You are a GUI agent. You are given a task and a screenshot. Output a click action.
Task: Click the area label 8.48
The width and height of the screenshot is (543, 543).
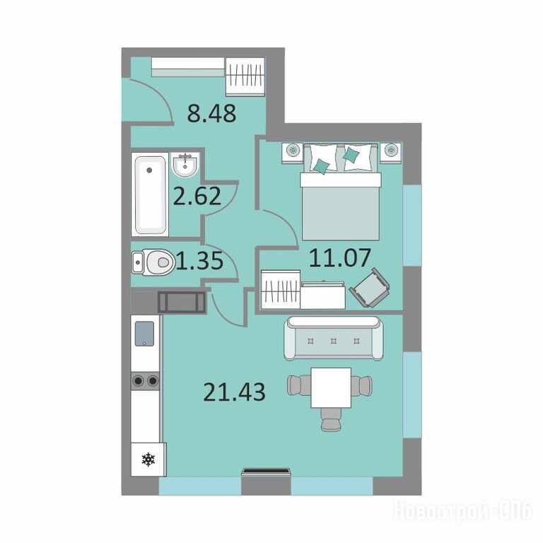pyautogui.click(x=211, y=113)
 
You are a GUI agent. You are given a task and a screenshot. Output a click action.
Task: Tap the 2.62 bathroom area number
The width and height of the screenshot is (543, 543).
pyautogui.click(x=197, y=196)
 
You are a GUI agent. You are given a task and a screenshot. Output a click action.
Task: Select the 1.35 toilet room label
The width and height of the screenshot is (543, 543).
pyautogui.click(x=200, y=261)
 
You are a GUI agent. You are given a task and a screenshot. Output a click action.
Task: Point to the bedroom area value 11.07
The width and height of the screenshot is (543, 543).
pyautogui.click(x=339, y=258)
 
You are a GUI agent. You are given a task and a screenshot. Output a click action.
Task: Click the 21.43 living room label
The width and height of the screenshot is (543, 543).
pyautogui.click(x=234, y=392)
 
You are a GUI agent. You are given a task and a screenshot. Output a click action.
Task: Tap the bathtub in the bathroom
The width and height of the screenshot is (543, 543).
pyautogui.click(x=150, y=194)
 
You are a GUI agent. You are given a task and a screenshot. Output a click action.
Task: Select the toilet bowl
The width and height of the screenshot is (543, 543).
pyautogui.click(x=153, y=262)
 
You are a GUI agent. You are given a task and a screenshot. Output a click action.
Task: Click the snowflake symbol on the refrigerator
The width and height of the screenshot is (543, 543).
pyautogui.click(x=148, y=459)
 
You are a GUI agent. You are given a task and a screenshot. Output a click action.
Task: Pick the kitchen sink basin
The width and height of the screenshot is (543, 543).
pyautogui.click(x=144, y=334)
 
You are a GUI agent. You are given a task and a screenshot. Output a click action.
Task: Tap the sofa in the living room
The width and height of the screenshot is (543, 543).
pyautogui.click(x=334, y=339)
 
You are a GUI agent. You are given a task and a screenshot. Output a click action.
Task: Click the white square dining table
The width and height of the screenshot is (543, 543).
pyautogui.click(x=331, y=387)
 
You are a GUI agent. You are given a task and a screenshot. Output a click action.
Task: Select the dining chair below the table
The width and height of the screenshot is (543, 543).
pyautogui.click(x=332, y=419)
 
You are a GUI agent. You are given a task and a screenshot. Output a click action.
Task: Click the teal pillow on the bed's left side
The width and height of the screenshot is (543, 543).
pyautogui.click(x=321, y=166)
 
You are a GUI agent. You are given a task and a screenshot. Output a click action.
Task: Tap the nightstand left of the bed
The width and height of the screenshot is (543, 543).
pyautogui.click(x=293, y=152)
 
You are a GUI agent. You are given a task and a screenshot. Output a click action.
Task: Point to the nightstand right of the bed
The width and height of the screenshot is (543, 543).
pyautogui.click(x=391, y=152)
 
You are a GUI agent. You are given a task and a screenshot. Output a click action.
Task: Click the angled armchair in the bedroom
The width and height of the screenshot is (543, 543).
pyautogui.click(x=370, y=288)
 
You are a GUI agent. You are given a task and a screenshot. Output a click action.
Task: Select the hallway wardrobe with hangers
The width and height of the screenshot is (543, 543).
pyautogui.click(x=245, y=76)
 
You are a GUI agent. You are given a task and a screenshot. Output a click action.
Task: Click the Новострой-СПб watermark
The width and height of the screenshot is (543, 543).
pyautogui.click(x=462, y=510)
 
